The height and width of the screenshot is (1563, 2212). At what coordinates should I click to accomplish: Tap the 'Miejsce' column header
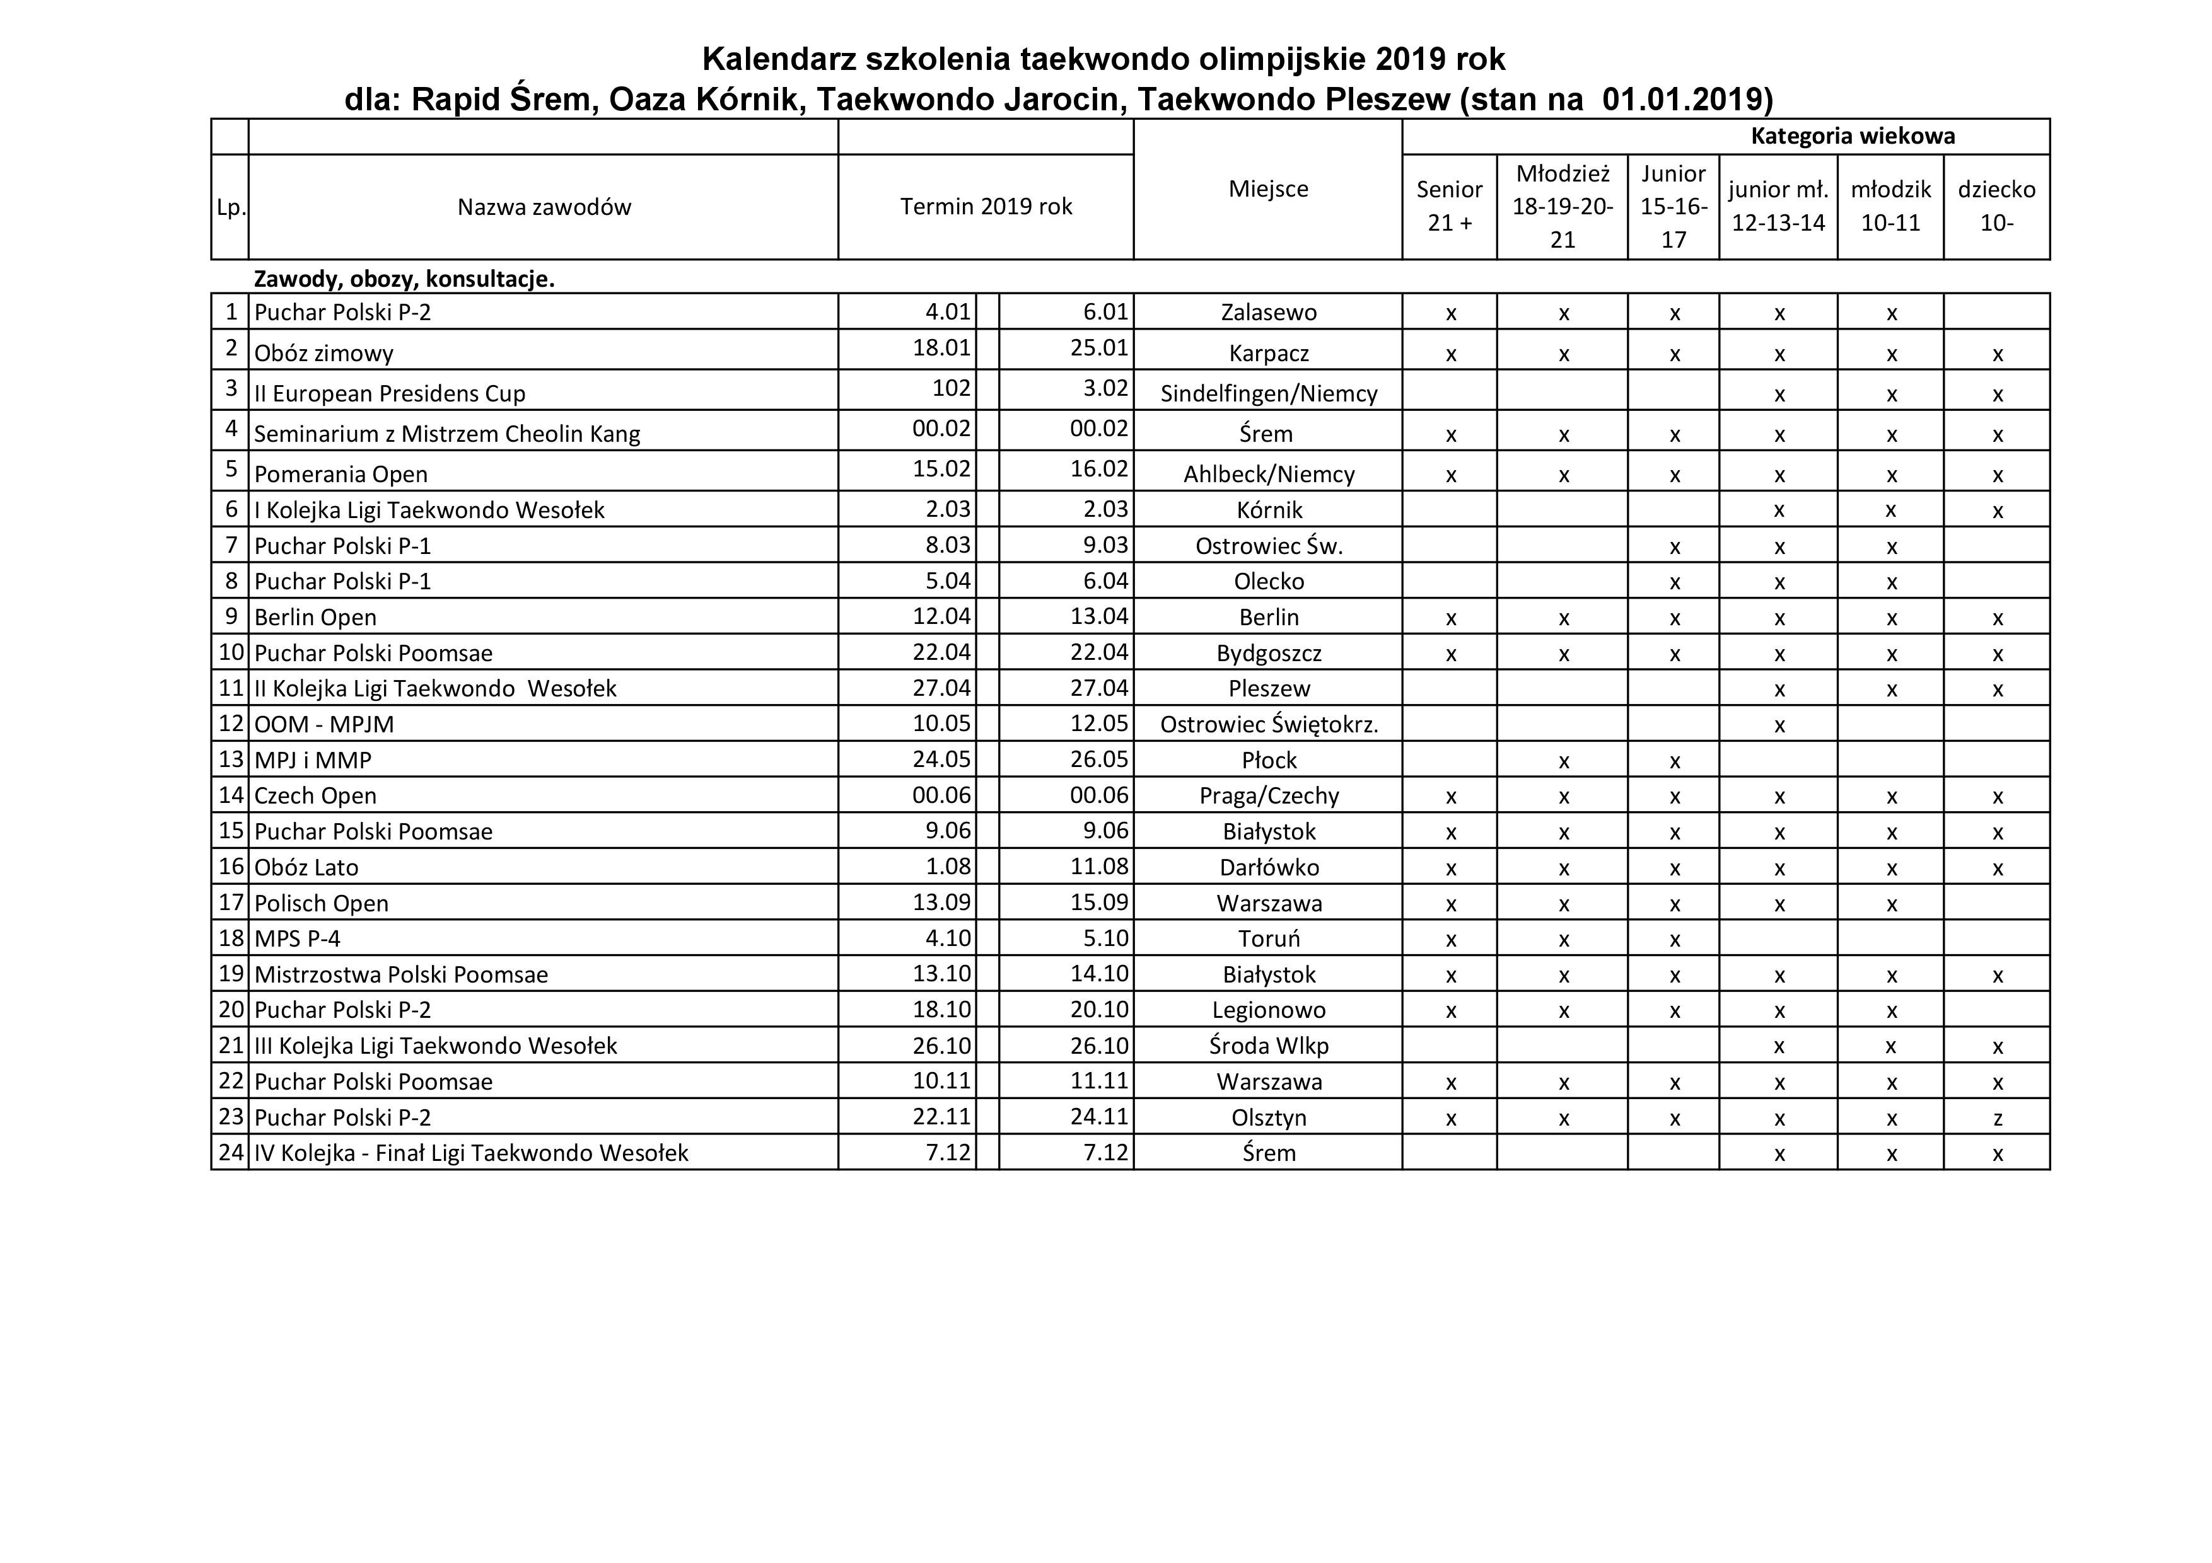click(x=1268, y=188)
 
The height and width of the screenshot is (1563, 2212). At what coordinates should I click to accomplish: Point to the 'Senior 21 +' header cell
click(x=1449, y=206)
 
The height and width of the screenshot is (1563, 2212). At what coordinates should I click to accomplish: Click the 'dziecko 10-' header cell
click(x=1996, y=206)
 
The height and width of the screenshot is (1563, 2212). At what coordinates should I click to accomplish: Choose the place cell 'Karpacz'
click(x=1268, y=354)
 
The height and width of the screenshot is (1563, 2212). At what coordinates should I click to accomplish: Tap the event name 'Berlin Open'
click(x=315, y=617)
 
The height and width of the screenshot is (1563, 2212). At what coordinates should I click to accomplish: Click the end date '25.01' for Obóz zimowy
click(x=1098, y=348)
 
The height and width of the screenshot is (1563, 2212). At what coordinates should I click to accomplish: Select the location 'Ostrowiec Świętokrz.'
click(x=1268, y=724)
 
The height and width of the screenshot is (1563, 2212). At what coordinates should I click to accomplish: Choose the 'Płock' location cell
click(x=1268, y=761)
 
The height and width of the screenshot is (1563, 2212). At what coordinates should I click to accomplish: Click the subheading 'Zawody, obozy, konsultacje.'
click(x=404, y=279)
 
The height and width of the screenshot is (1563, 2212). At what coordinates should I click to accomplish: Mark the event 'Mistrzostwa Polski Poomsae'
click(x=401, y=974)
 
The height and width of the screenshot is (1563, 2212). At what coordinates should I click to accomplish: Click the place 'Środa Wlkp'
click(x=1268, y=1046)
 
